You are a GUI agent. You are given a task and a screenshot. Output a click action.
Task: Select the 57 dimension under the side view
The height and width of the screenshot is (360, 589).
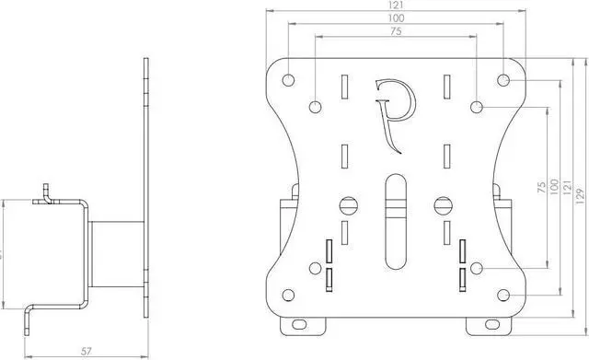84,351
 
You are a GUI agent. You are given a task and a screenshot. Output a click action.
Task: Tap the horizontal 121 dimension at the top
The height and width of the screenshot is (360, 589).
396,6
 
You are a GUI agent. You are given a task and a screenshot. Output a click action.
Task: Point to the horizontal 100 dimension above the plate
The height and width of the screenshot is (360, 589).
396,18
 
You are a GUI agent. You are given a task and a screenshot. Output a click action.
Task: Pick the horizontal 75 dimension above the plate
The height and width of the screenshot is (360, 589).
396,31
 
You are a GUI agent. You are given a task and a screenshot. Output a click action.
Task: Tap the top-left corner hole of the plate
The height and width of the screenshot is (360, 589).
286,79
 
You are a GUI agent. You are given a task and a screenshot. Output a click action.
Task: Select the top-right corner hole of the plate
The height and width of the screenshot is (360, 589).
503,79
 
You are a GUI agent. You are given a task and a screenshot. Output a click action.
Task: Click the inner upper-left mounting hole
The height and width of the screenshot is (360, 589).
315,108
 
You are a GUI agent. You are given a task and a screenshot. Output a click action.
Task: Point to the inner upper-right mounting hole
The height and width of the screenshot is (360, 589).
476,108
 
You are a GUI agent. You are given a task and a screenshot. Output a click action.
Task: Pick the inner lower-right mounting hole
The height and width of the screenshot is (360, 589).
476,268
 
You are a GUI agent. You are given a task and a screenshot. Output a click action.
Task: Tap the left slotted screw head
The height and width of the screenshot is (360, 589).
346,205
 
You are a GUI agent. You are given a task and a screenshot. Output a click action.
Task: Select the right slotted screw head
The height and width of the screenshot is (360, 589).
443,205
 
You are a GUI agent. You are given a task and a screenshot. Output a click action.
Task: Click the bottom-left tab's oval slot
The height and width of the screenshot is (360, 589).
301,325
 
